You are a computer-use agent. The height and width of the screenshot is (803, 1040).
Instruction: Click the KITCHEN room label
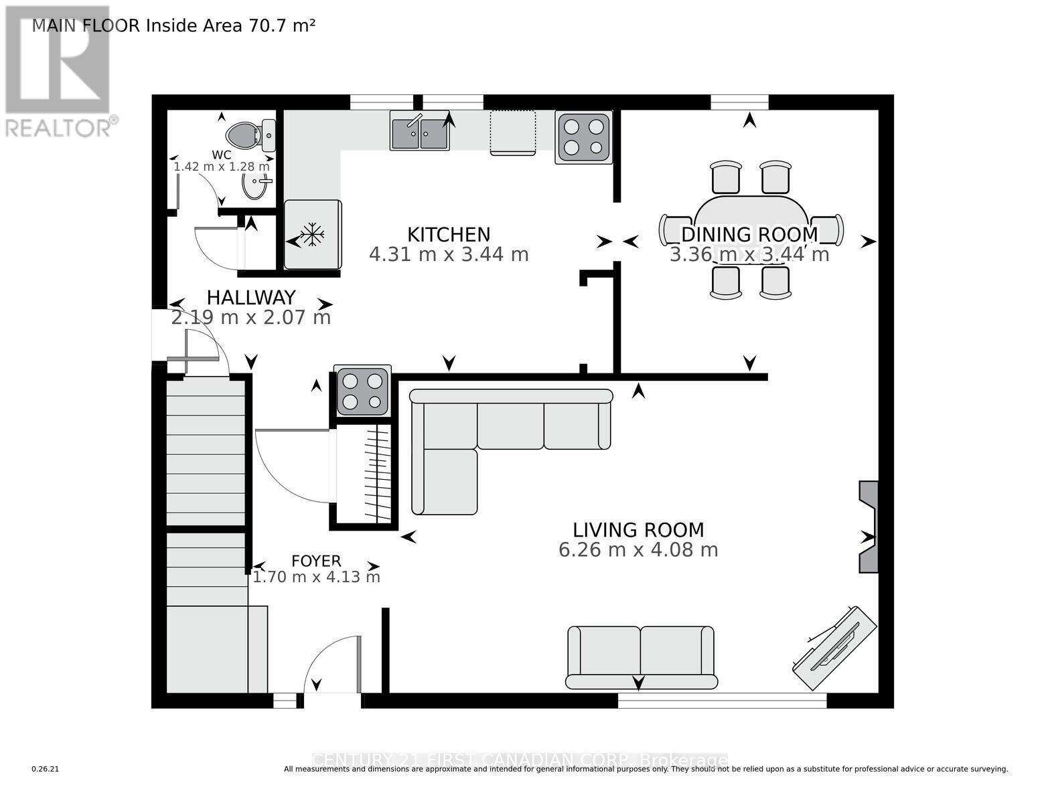[449, 234]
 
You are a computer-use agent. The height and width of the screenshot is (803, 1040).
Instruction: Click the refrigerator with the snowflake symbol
[313, 234]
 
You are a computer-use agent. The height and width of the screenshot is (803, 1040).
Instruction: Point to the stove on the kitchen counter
[583, 137]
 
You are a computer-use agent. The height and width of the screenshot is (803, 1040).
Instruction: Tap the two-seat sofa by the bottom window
[641, 657]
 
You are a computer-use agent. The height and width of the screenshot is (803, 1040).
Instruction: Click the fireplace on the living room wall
[869, 527]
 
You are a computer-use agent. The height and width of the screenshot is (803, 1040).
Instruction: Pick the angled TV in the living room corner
[834, 648]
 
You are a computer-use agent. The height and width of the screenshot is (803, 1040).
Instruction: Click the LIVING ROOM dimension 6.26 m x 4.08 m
[638, 550]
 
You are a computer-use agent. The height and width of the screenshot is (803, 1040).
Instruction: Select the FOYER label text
[316, 561]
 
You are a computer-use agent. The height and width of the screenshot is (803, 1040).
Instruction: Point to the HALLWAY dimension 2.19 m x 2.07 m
[251, 317]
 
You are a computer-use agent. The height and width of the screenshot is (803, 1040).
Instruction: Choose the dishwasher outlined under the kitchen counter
[513, 132]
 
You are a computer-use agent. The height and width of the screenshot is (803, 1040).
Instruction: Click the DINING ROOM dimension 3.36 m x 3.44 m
[749, 255]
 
